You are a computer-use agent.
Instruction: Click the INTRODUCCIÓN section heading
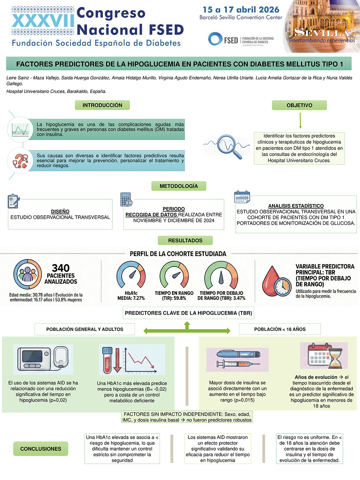point(102,105)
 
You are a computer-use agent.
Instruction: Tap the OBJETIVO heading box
point(299,105)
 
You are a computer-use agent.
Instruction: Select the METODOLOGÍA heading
point(179,186)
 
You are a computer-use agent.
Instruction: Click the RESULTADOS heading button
point(185,240)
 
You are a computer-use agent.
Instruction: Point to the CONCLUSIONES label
point(41,449)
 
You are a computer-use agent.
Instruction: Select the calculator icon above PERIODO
point(126,199)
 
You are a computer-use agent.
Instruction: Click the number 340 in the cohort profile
point(61,268)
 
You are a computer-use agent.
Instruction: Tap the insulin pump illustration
point(43,359)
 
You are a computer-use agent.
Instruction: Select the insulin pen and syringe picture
point(237,360)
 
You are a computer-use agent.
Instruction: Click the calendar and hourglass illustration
point(324,356)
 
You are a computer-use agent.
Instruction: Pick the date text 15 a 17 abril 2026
point(241,10)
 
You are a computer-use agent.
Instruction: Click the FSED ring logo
point(215,39)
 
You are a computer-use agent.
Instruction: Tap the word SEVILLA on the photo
point(322,33)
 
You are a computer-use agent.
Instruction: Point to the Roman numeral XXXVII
point(43,21)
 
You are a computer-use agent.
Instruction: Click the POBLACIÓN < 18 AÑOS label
point(280,329)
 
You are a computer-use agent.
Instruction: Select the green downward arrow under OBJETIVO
point(300,120)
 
